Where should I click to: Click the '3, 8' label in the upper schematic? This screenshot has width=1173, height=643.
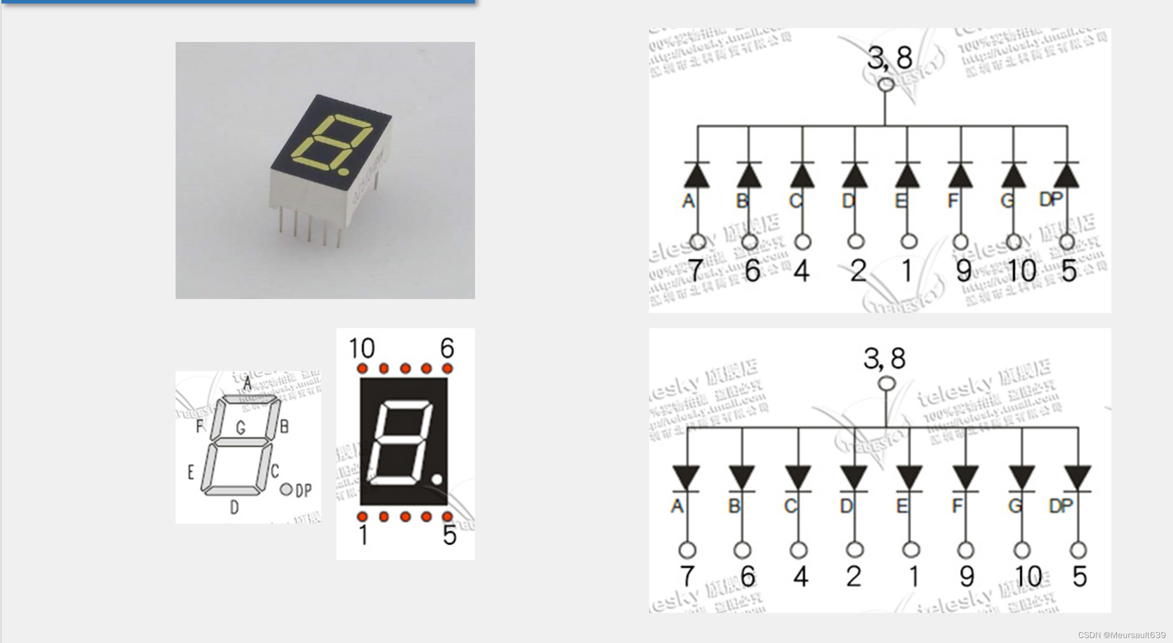pyautogui.click(x=889, y=58)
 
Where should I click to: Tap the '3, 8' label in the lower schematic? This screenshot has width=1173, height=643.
pyautogui.click(x=884, y=358)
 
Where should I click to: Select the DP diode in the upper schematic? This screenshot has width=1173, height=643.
pyautogui.click(x=1066, y=176)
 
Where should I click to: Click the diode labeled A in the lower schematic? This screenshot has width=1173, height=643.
pyautogui.click(x=686, y=477)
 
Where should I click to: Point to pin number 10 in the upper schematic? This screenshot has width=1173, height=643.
pyautogui.click(x=1022, y=271)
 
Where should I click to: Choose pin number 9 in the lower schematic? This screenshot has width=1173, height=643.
pyautogui.click(x=966, y=576)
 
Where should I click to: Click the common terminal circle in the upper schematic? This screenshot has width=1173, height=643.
pyautogui.click(x=886, y=84)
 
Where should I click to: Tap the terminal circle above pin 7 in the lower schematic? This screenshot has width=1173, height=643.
pyautogui.click(x=687, y=550)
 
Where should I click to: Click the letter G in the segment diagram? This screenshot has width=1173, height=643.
pyautogui.click(x=241, y=427)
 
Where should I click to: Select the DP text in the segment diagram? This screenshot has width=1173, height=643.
pyautogui.click(x=304, y=490)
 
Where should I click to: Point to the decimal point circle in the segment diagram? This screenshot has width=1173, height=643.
pyautogui.click(x=286, y=489)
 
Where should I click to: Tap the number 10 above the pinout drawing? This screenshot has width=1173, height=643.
pyautogui.click(x=362, y=348)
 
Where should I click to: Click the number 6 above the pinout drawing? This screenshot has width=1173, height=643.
pyautogui.click(x=447, y=348)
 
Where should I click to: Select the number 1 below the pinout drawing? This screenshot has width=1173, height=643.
pyautogui.click(x=364, y=535)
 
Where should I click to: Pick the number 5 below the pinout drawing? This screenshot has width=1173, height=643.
pyautogui.click(x=449, y=535)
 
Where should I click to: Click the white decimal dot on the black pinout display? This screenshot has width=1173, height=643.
pyautogui.click(x=437, y=479)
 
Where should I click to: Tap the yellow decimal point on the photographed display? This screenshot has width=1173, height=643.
pyautogui.click(x=343, y=172)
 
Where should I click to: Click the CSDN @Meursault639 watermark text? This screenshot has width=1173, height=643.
pyautogui.click(x=1122, y=635)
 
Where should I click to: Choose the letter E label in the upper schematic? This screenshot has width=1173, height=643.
pyautogui.click(x=900, y=201)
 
